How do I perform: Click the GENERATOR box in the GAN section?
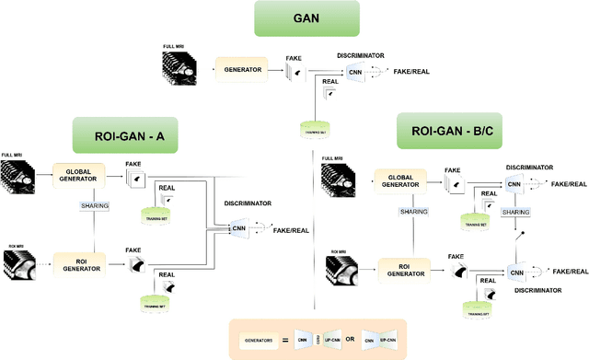[241, 68]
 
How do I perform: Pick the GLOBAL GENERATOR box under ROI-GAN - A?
[81, 175]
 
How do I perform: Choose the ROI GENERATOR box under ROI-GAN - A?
[81, 263]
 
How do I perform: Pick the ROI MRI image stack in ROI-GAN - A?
[20, 267]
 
